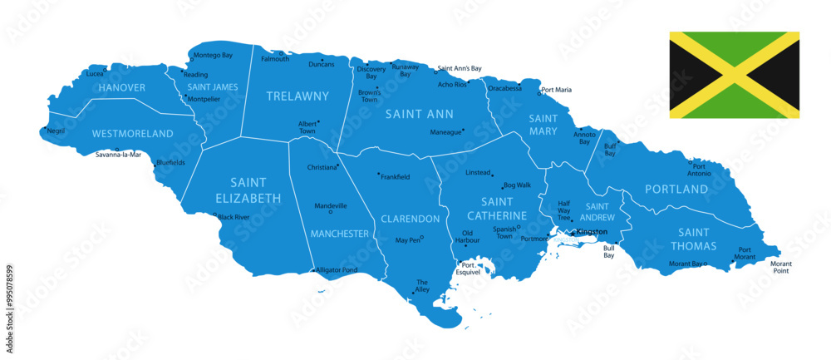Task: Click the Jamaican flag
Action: (x=734, y=75)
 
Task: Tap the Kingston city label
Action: (x=593, y=231)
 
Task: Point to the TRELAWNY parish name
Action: (x=297, y=96)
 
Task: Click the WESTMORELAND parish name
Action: (x=133, y=133)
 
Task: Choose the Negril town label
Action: (x=56, y=131)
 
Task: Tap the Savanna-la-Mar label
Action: (x=119, y=155)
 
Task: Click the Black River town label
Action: (x=234, y=217)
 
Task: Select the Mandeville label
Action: (x=331, y=205)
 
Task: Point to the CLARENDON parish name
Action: (x=410, y=219)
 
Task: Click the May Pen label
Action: (x=407, y=240)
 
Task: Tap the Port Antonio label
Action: (x=699, y=169)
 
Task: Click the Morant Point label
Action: (x=781, y=267)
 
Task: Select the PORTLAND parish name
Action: (x=676, y=190)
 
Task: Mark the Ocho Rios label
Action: (x=452, y=84)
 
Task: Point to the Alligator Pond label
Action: (x=337, y=270)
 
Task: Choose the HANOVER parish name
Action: (x=122, y=87)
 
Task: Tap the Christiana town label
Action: (x=322, y=167)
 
